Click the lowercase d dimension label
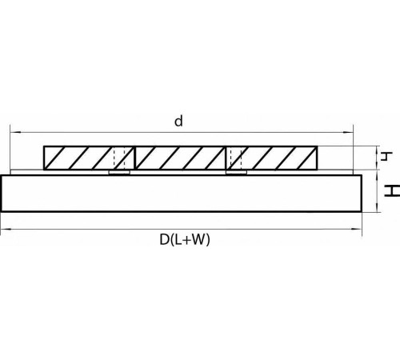click(x=179, y=121)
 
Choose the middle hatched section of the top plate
click(x=181, y=158)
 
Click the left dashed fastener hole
click(x=120, y=158)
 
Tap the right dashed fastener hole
click(x=234, y=158)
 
